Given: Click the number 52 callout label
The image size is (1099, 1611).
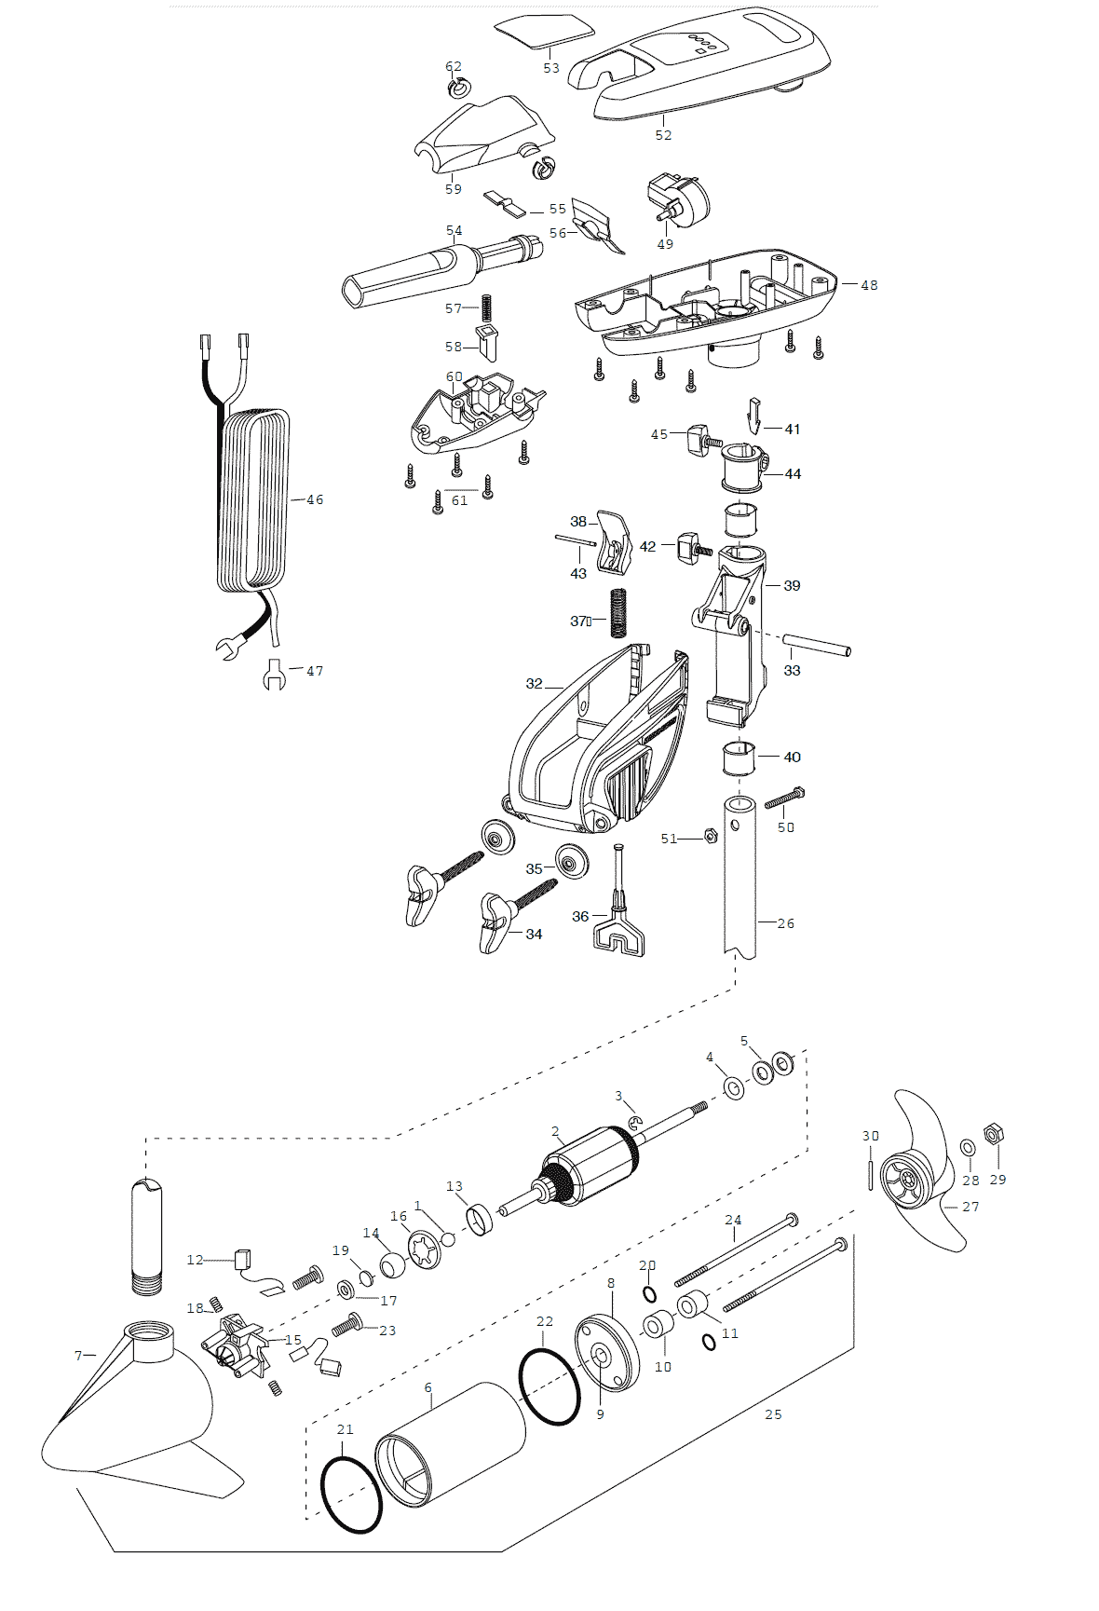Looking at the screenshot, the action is coord(663,135).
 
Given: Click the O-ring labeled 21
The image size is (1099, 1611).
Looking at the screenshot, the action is coord(351,1495).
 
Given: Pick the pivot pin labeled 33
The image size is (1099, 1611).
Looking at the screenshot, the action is coord(816,646).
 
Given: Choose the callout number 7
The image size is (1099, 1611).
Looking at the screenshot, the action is coord(78,1355).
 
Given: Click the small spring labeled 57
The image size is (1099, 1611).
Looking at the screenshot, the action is coord(485,307).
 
